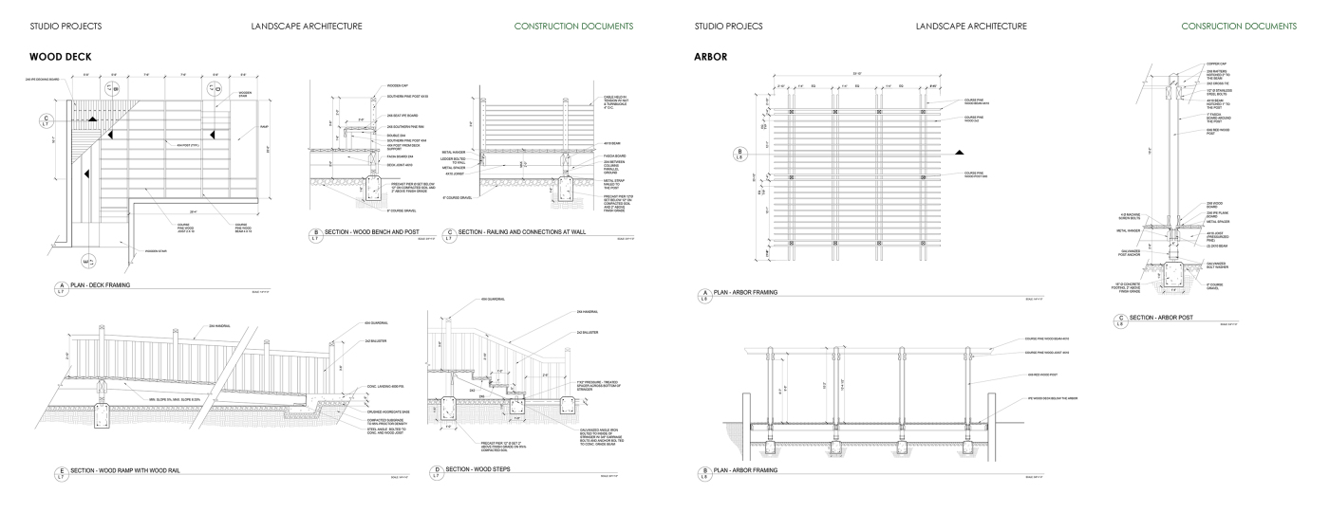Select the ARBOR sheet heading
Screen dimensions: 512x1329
click(x=711, y=57)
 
